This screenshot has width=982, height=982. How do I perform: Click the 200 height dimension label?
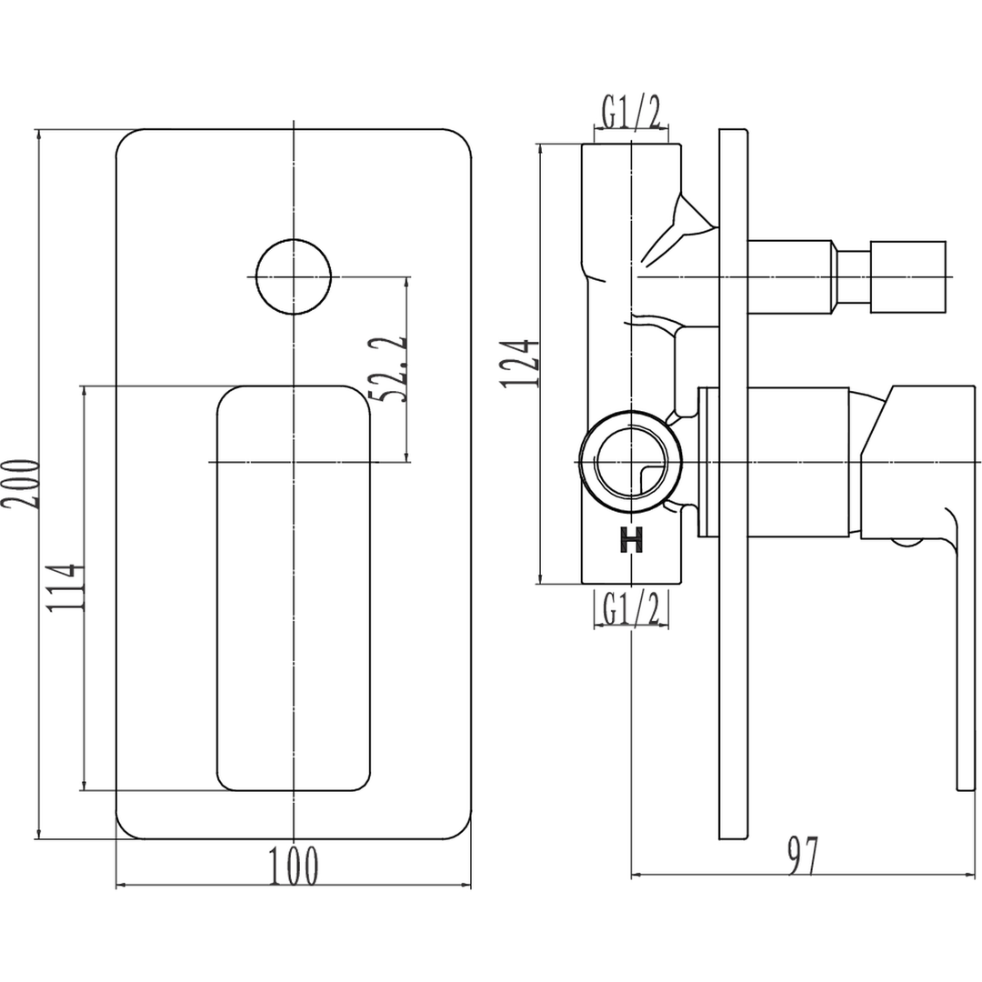click(x=21, y=484)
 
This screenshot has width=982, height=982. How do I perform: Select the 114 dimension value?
click(x=65, y=587)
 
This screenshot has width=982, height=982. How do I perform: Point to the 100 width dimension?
click(x=293, y=867)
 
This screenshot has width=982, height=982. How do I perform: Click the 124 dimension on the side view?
click(x=519, y=363)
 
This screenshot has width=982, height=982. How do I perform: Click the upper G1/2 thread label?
click(x=631, y=113)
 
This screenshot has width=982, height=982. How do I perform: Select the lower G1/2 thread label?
click(x=631, y=607)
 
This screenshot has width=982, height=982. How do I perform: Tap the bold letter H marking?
click(x=631, y=540)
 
